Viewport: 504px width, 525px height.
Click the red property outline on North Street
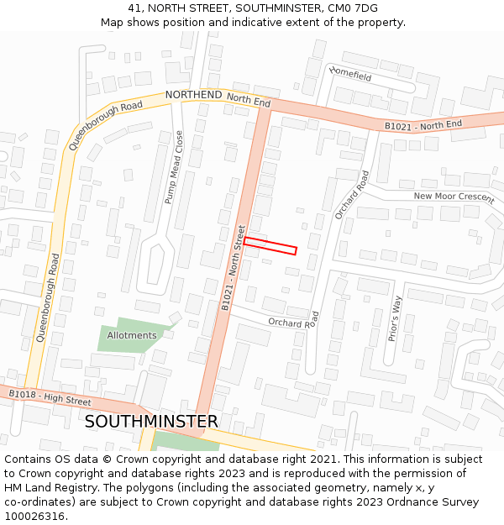tap(270, 245)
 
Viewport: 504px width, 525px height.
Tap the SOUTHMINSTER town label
tap(151, 421)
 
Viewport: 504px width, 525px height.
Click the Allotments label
tap(132, 335)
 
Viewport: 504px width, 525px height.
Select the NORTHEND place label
tap(193, 95)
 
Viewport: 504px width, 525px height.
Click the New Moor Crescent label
tap(454, 197)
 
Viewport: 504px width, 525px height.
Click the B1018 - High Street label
tap(50, 398)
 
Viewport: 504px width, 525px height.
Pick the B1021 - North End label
tap(423, 125)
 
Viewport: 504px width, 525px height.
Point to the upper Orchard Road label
tap(352, 196)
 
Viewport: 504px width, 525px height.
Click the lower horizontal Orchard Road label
tap(294, 320)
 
